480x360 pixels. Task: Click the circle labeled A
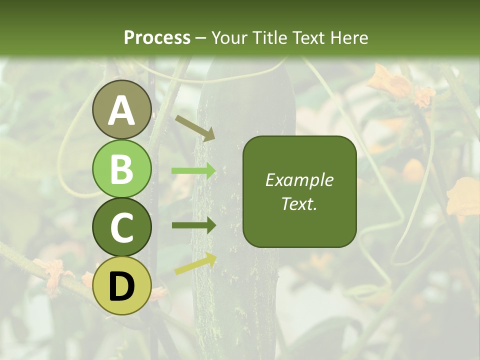(121, 109)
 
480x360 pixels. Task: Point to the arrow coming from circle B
(193, 171)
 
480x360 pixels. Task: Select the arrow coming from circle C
(193, 225)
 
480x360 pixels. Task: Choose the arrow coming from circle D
(195, 264)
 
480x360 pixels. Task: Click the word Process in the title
(157, 37)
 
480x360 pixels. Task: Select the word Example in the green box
(299, 180)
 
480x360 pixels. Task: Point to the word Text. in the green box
(299, 203)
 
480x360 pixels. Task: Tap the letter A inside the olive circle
(121, 110)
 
